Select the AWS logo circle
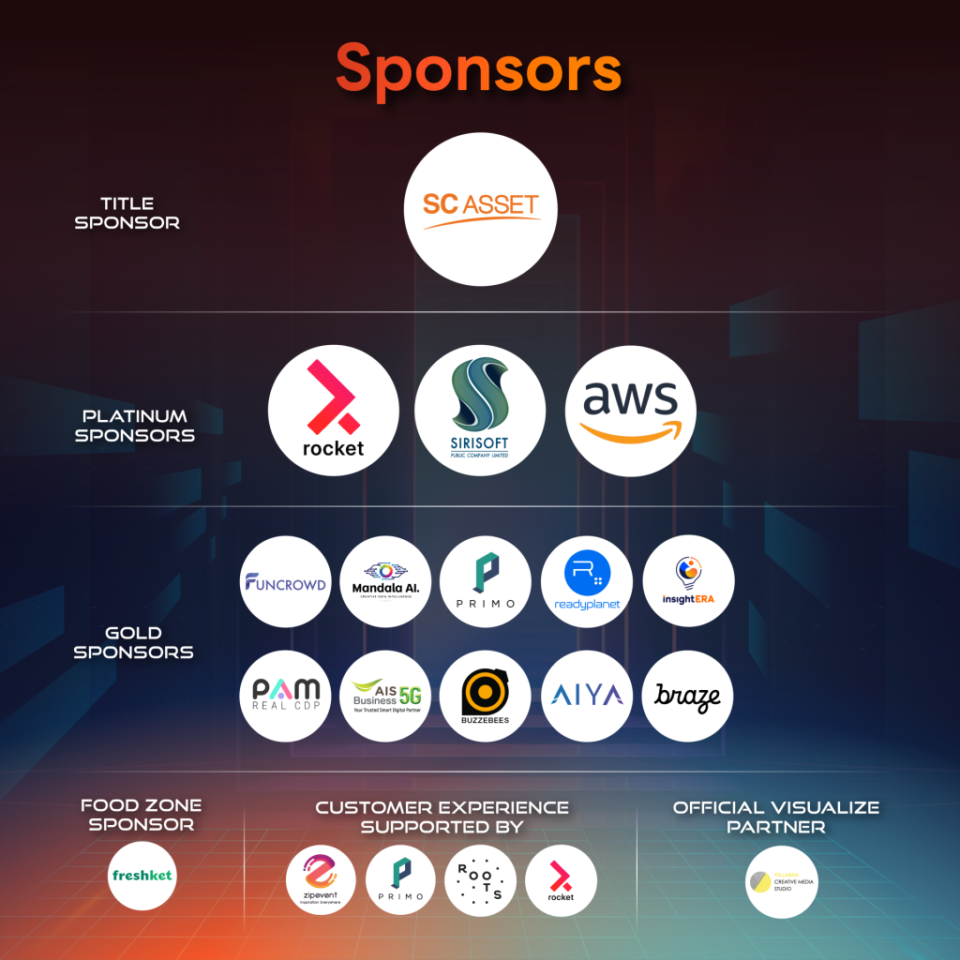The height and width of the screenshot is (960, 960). (630, 411)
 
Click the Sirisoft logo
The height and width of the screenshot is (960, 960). (480, 411)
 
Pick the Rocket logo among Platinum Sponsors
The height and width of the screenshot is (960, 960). (333, 411)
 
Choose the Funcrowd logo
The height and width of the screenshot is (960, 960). (285, 581)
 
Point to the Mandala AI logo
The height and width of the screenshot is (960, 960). (385, 581)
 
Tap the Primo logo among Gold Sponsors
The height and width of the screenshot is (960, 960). (486, 581)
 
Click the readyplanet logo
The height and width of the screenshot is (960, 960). (588, 581)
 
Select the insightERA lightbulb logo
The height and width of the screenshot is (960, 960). (688, 581)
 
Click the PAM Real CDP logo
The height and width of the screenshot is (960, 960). (285, 696)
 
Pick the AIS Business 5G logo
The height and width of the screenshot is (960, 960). (385, 696)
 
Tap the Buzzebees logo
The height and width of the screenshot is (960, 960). (486, 696)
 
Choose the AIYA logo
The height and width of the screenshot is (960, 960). (588, 696)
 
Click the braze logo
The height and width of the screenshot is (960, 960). (688, 696)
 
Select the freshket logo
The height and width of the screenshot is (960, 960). (142, 877)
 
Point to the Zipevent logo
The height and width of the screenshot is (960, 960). (321, 880)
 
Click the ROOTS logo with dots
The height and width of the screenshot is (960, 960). (480, 880)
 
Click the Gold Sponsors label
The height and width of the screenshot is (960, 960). (133, 642)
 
